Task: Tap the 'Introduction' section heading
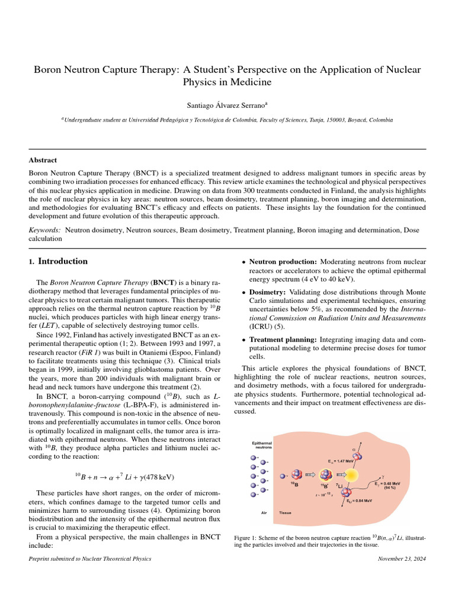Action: [x=63, y=261]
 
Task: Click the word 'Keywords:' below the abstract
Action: [x=45, y=229]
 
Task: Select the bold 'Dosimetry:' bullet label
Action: [x=268, y=292]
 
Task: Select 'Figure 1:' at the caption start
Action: [x=248, y=537]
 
